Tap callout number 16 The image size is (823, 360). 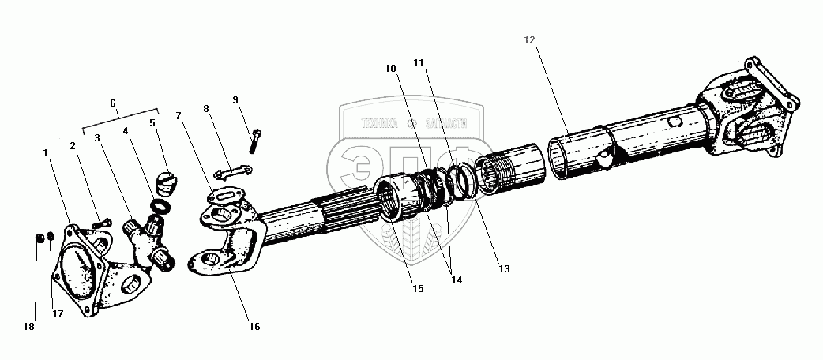(255, 325)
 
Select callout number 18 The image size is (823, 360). (30, 325)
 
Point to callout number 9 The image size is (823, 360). (235, 99)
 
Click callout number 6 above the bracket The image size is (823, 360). (113, 103)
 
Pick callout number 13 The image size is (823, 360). (503, 269)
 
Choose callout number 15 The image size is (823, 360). (418, 289)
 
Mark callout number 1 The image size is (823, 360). (47, 153)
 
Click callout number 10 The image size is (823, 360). (390, 69)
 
